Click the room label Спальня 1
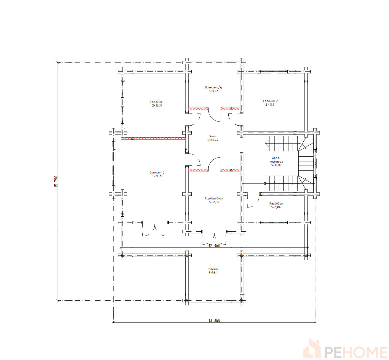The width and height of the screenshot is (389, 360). coord(157,102)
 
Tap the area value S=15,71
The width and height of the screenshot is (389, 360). coord(271,104)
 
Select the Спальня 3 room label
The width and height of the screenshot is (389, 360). coord(157,172)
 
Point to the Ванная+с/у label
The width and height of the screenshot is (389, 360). coord(213,87)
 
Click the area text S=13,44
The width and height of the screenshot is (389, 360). coord(213,140)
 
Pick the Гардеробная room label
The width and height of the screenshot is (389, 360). coord(214,198)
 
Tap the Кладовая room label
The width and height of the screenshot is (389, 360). coord(276,203)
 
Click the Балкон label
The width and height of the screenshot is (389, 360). coord(213,269)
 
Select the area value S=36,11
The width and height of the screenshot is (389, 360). coord(214,272)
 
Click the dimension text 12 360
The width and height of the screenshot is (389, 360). coord(214,246)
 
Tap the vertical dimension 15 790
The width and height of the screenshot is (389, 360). coord(56,181)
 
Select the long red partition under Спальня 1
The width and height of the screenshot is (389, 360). coord(153,138)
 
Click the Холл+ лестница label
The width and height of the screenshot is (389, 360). coord(276,160)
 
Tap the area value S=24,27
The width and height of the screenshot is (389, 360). coord(157,176)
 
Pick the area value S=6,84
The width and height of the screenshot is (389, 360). coord(276,207)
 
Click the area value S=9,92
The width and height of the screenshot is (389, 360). coord(213,91)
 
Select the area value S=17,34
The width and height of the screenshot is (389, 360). coord(157,106)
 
